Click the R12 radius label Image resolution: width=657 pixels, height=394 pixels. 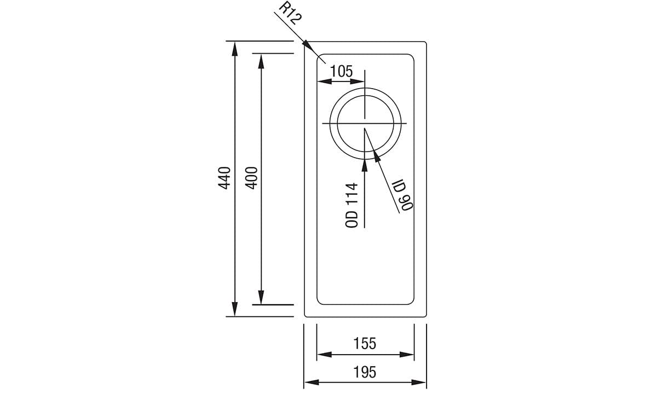coord(289,14)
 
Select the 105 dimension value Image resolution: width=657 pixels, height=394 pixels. coord(341,71)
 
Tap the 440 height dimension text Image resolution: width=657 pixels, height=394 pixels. coord(224,178)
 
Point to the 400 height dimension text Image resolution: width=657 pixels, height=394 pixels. coord(250,178)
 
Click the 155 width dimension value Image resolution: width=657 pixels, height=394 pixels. coord(365,343)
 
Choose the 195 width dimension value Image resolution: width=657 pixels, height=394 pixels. coord(365,372)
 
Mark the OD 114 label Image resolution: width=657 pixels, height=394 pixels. coord(352,205)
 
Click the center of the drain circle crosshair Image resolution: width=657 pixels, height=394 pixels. coord(365,123)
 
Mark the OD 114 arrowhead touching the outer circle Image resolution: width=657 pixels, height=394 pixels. coord(365,163)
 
